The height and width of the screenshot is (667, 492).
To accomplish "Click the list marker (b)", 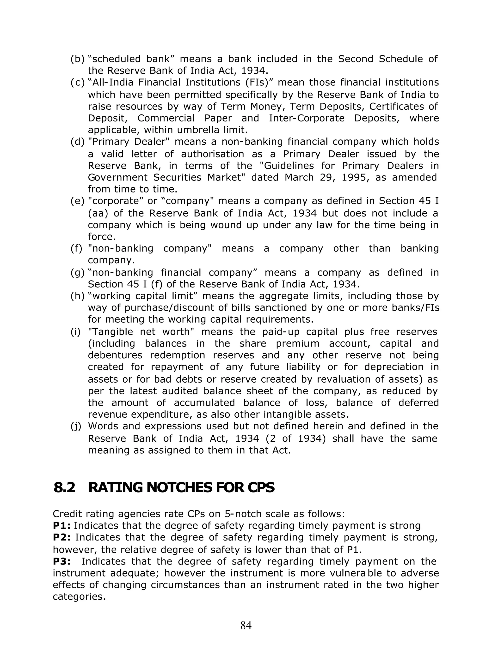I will (77, 59).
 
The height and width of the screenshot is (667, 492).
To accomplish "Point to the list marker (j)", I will (76, 426).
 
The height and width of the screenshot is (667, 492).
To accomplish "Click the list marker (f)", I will (76, 248).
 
